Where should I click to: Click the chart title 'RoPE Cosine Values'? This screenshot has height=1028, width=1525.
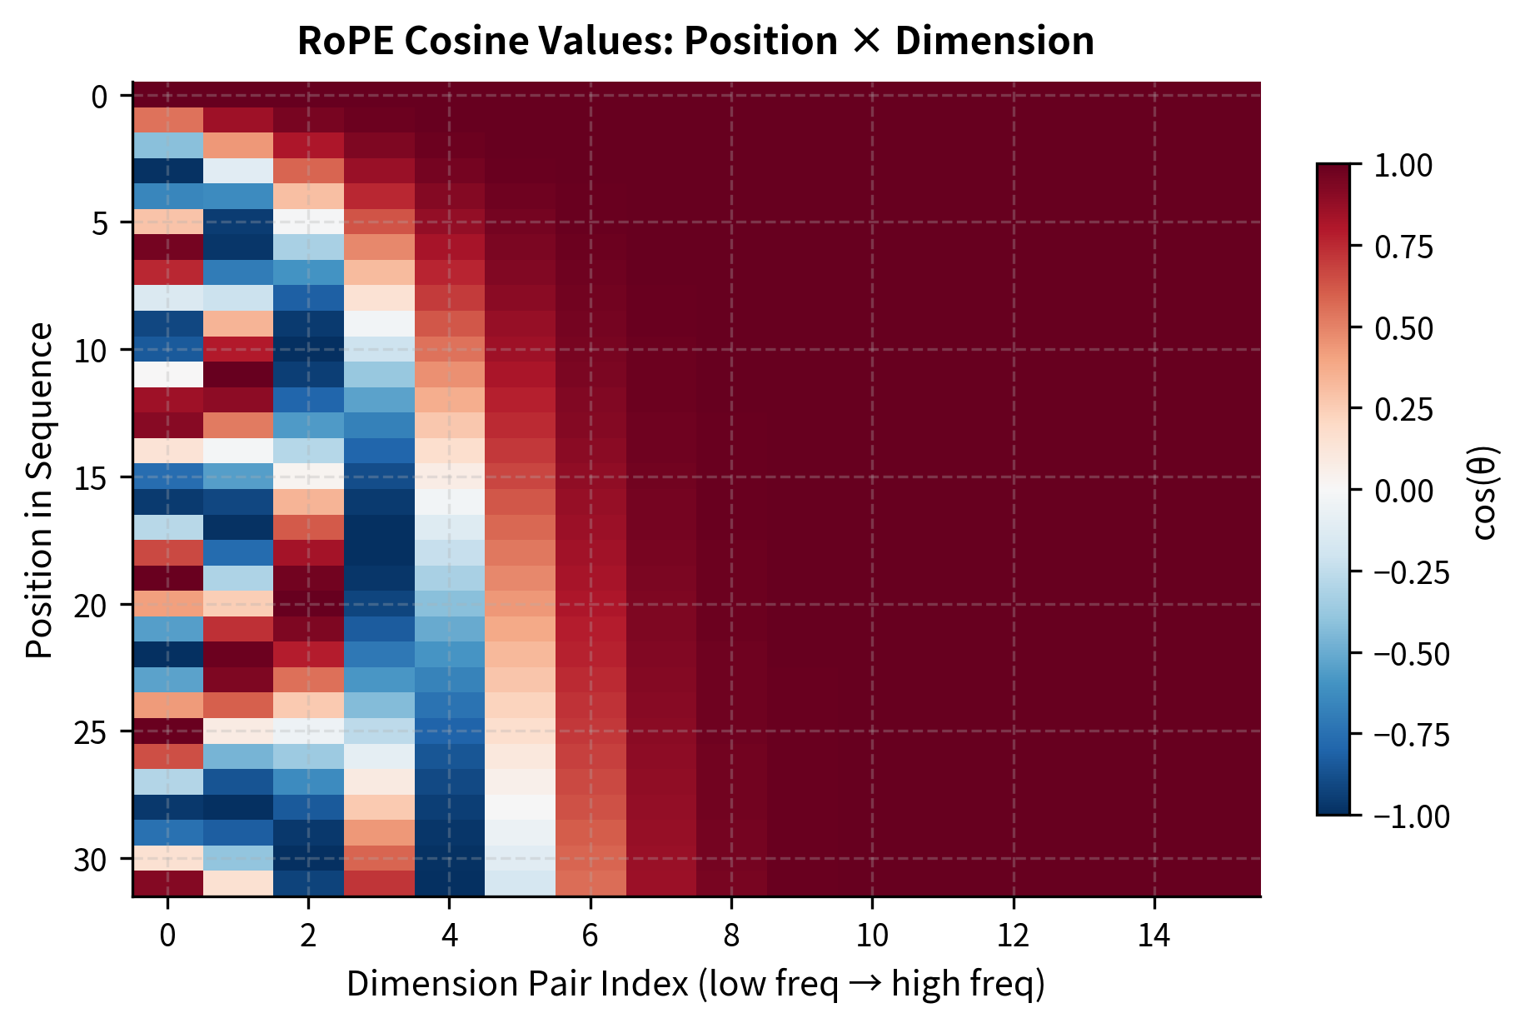695,42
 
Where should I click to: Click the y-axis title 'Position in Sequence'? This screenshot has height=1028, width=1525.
39,491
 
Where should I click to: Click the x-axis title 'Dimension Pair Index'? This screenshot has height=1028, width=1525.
695,984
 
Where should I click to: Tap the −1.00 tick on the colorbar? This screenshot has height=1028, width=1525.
1411,816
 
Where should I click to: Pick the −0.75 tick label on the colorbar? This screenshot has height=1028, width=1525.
1411,735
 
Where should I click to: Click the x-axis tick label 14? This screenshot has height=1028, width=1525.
1154,936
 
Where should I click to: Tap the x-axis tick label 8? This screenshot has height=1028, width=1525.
731,936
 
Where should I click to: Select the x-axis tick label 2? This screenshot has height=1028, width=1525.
308,936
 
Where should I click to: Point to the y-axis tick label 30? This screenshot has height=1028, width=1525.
91,859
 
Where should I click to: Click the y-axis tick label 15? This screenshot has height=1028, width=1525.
91,477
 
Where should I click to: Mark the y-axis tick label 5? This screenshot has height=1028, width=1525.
99,223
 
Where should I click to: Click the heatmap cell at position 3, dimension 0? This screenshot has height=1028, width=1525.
167,172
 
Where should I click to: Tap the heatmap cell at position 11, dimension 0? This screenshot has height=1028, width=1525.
167,375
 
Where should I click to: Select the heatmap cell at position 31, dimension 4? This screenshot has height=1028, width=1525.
450,883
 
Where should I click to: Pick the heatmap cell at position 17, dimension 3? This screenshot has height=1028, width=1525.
379,527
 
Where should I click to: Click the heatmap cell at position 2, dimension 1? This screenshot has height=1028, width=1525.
238,146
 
